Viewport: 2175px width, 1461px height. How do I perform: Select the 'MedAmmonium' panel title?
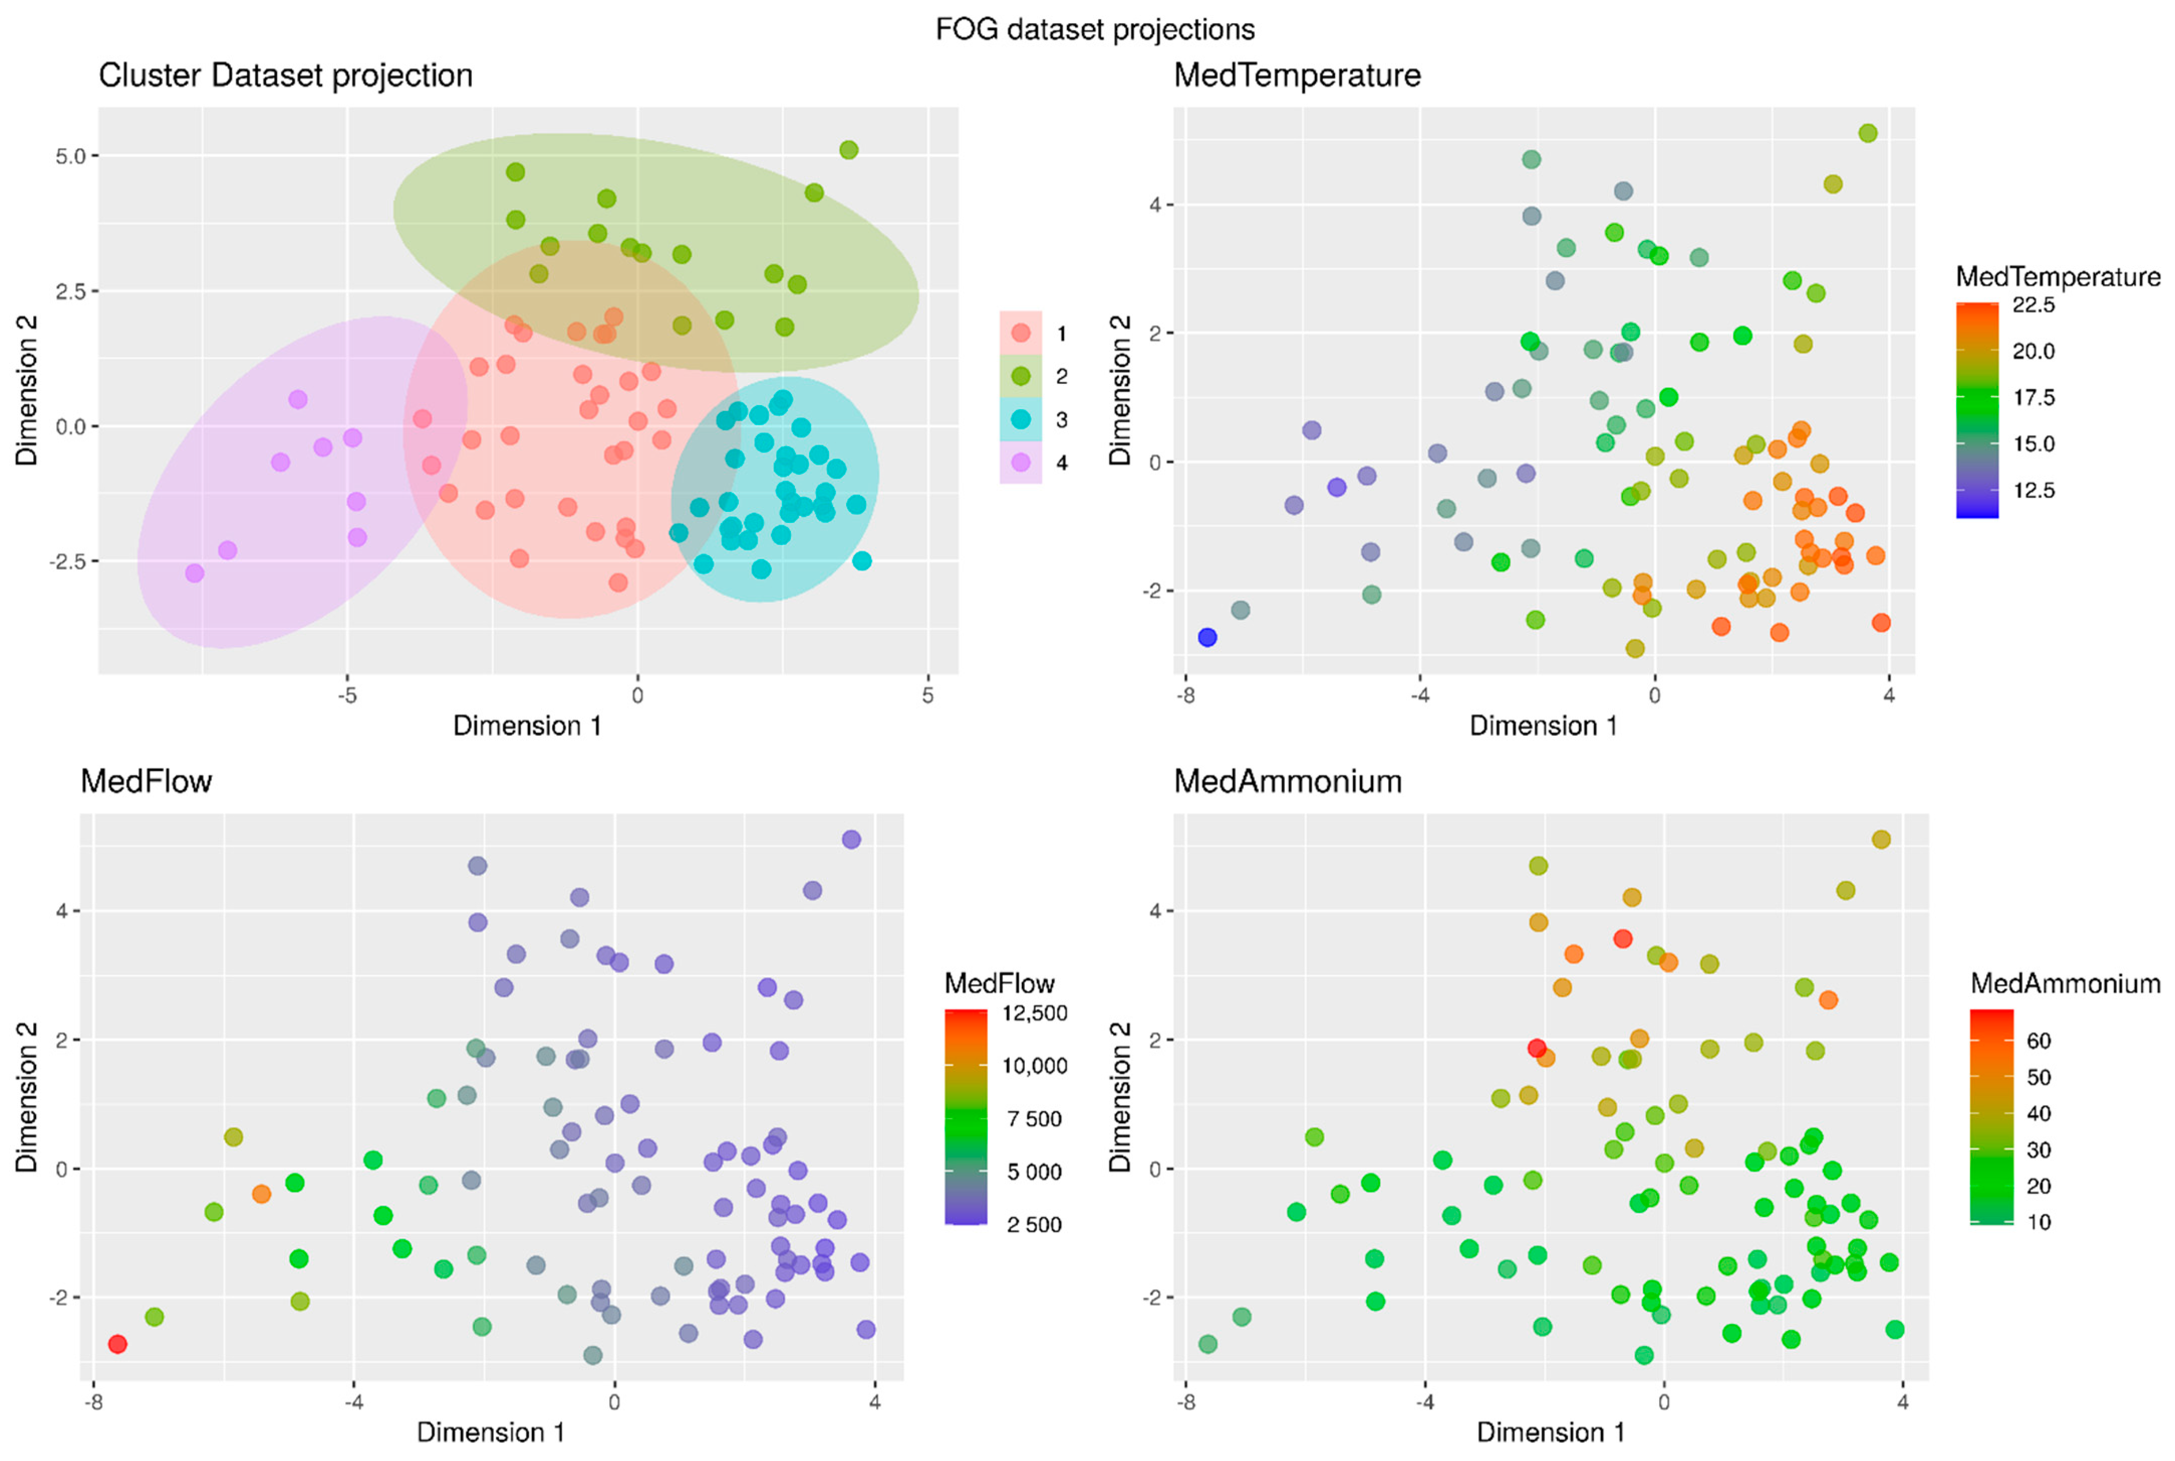point(1287,781)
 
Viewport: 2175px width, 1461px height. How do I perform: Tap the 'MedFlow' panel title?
point(146,781)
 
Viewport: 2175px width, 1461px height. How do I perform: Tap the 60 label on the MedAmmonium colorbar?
point(2038,1041)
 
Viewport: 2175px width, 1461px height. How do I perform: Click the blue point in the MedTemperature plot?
point(1207,637)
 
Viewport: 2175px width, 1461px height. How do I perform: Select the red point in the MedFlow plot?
point(117,1344)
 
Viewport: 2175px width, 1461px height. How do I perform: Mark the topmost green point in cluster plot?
point(849,150)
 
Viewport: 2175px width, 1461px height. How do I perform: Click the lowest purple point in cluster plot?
point(194,573)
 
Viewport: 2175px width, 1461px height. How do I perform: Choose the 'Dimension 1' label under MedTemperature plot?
point(1543,726)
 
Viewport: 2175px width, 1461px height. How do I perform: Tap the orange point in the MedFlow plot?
point(262,1193)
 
